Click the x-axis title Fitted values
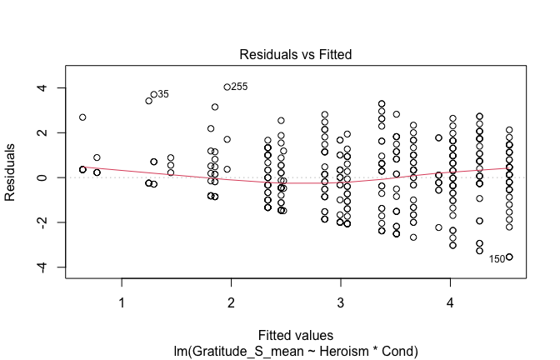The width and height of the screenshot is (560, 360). coord(295,337)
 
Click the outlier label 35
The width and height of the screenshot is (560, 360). coord(163,94)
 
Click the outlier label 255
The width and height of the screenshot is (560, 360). coord(239,86)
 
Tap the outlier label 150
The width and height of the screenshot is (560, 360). coord(497,259)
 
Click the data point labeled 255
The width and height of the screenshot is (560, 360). coord(227,87)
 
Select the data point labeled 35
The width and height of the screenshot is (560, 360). coord(153,94)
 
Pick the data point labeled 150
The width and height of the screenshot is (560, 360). coord(509,257)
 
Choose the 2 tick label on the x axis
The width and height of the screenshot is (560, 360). coord(231,302)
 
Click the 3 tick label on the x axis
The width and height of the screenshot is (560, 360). coord(340,302)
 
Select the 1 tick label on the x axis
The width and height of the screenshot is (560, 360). coord(122,302)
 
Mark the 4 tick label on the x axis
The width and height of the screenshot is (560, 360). coord(450,302)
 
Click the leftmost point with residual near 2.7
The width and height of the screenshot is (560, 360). coord(82,117)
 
